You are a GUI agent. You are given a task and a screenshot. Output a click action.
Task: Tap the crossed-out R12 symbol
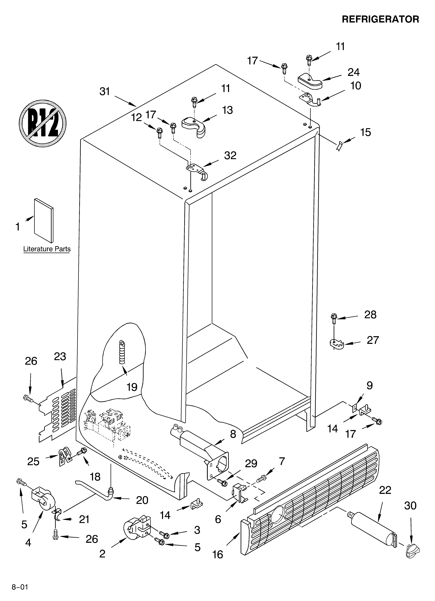click(x=42, y=123)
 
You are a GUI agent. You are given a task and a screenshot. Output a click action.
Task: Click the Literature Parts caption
click(x=47, y=249)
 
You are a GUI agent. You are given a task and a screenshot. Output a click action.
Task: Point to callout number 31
click(x=105, y=91)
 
